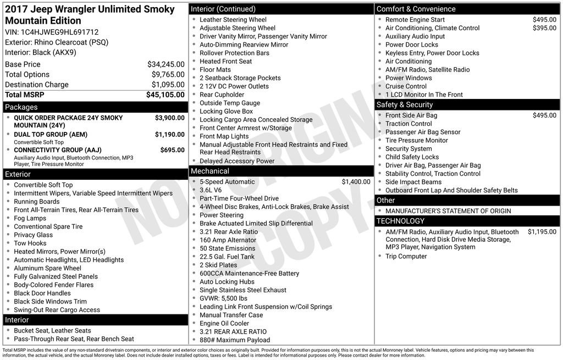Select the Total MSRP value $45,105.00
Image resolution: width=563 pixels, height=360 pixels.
[165, 95]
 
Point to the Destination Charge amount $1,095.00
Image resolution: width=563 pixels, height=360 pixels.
[168, 85]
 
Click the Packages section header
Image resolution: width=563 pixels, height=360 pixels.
[21, 107]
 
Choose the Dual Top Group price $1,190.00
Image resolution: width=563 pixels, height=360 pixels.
[169, 135]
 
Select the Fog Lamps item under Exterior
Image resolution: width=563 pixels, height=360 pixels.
[30, 218]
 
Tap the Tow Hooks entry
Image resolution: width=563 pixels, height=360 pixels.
[30, 243]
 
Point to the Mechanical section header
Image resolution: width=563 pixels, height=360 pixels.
[210, 171]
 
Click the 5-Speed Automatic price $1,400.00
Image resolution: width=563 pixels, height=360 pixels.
[356, 182]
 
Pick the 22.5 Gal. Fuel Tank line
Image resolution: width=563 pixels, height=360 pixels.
[227, 257]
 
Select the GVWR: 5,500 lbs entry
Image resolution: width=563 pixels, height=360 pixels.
[223, 298]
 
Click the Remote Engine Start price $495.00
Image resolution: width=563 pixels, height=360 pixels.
[544, 20]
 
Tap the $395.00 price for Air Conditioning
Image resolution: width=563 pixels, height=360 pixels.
[544, 28]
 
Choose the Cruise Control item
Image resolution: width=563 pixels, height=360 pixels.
[406, 86]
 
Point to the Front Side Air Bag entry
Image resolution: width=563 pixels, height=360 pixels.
[411, 115]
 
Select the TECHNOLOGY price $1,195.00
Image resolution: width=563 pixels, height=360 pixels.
[542, 232]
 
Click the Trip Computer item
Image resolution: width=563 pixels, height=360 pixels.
[406, 256]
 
